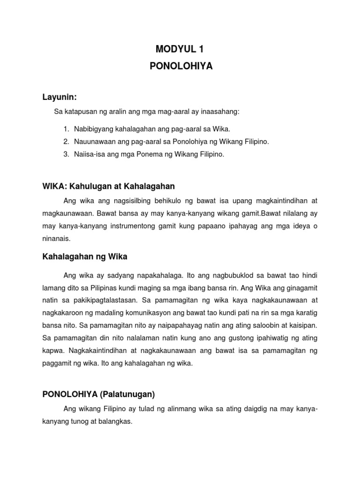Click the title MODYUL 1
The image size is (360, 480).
[x=181, y=48]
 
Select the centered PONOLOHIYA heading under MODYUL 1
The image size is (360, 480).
[x=181, y=67]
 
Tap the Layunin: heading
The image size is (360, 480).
[x=60, y=97]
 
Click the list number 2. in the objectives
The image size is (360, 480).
[x=66, y=142]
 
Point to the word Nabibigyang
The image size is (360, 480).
[x=94, y=129]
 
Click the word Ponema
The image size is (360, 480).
[x=146, y=154]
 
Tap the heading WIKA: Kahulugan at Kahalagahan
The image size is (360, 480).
[x=108, y=186]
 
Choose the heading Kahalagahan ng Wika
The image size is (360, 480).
[x=85, y=256]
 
